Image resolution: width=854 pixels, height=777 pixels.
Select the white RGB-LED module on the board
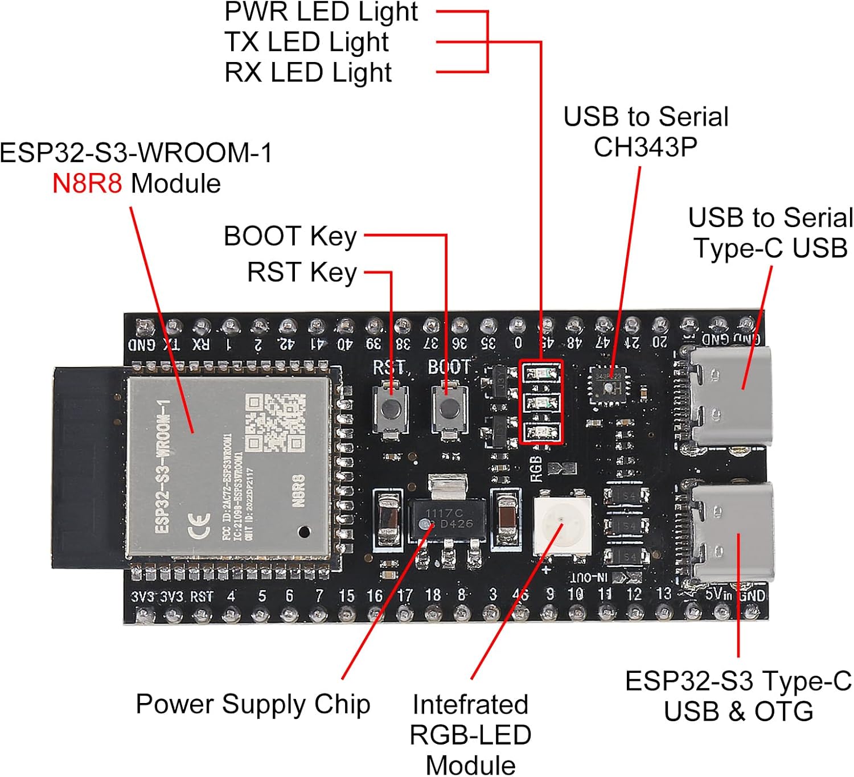[561, 524]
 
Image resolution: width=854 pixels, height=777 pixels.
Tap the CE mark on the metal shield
[199, 525]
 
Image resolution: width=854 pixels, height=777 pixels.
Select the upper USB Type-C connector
[732, 395]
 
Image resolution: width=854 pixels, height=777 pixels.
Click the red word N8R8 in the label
[87, 184]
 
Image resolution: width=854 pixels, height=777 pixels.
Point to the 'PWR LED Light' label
[321, 12]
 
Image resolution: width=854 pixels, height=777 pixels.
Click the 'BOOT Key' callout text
[290, 236]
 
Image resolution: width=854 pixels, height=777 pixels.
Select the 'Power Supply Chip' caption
[253, 704]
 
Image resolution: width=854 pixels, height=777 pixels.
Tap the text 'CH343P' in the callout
[645, 147]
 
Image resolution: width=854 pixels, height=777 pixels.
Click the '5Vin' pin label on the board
[718, 595]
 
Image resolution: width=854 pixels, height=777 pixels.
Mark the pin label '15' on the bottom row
[346, 596]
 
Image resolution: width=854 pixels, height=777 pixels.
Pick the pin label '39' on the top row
[373, 343]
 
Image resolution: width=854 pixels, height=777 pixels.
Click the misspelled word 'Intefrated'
[470, 704]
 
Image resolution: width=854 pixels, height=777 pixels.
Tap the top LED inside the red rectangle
[540, 373]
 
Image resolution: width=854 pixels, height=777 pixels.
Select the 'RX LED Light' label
[308, 73]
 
